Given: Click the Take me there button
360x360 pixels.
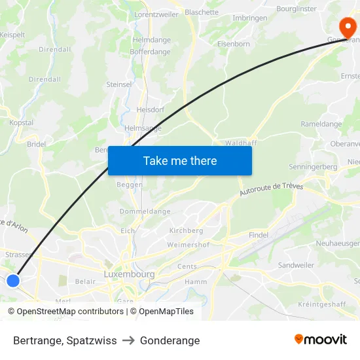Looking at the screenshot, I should [x=180, y=161].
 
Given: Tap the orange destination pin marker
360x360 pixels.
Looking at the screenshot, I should [x=348, y=28].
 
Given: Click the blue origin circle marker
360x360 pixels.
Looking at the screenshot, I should [x=12, y=281].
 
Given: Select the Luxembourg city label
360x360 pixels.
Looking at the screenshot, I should [x=129, y=274].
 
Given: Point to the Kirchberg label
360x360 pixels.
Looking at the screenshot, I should [x=186, y=231].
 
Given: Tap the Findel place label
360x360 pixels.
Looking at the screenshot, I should [x=259, y=235].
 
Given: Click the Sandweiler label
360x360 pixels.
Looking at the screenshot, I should [x=296, y=265].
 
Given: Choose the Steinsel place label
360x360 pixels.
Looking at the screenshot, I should [x=119, y=84].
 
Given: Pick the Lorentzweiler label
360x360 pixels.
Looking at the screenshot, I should [x=156, y=14].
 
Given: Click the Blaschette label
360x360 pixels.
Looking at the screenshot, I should [x=202, y=12].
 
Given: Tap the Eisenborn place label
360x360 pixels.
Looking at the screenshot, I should [x=234, y=45].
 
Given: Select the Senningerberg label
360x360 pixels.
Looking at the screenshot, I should [x=313, y=167].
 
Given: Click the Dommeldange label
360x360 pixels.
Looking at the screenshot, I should [x=145, y=211].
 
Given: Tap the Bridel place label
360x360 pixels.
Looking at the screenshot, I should [x=36, y=144].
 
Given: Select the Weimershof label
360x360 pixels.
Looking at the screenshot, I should [x=188, y=245].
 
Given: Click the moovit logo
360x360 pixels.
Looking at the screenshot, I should [x=320, y=339].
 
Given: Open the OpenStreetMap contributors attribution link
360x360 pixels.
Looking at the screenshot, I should [x=70, y=312].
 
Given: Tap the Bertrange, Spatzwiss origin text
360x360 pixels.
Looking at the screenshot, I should [x=65, y=340].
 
